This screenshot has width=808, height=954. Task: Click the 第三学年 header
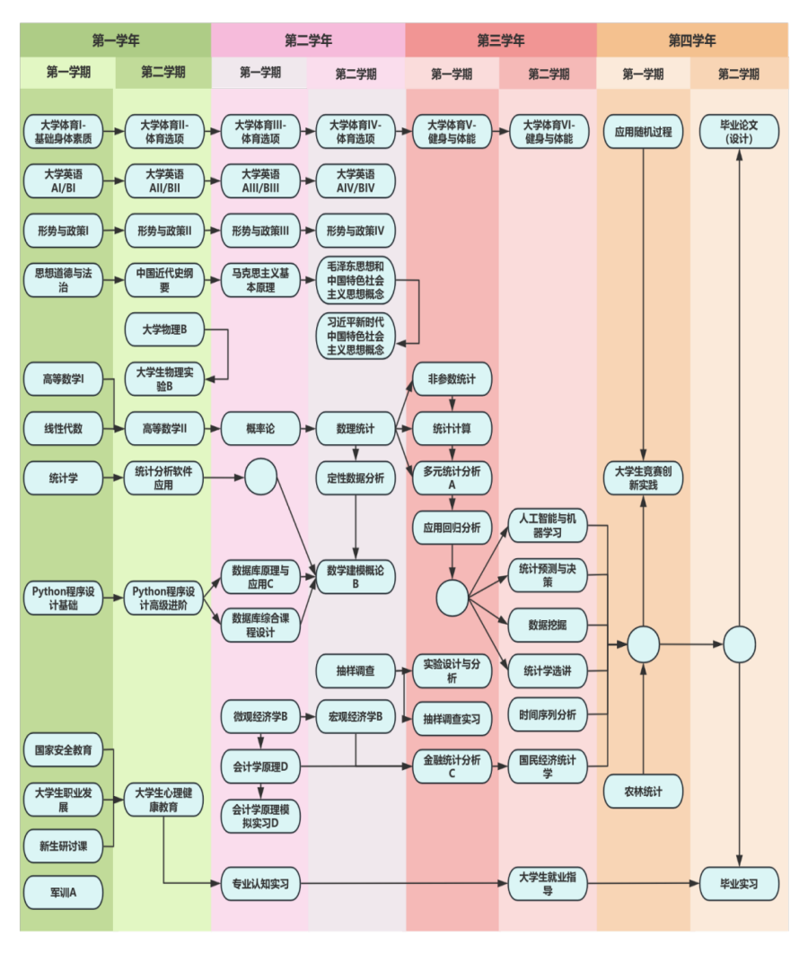(500, 40)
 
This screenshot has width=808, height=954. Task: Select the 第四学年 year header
(692, 40)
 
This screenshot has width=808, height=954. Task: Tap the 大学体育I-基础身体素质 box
(63, 132)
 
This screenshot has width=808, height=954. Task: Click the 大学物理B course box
(164, 330)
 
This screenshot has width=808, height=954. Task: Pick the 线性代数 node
(63, 429)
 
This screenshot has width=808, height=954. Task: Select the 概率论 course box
(260, 429)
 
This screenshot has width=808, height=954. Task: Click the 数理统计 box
(356, 429)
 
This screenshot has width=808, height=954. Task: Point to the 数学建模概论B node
(356, 577)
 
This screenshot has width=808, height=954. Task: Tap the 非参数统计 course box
(452, 379)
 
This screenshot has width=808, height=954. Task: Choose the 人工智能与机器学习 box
(548, 526)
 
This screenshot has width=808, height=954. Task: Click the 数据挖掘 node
(548, 625)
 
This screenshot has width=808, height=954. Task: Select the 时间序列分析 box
(548, 715)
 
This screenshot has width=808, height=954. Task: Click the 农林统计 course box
(643, 792)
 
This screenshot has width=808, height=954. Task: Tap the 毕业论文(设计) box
(739, 132)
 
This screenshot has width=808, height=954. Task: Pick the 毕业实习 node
(739, 884)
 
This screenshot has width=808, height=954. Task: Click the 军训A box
(63, 892)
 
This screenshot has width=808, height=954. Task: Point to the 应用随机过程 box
(643, 132)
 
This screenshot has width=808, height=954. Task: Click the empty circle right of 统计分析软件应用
(260, 477)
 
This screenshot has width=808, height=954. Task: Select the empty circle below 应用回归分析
(452, 597)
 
